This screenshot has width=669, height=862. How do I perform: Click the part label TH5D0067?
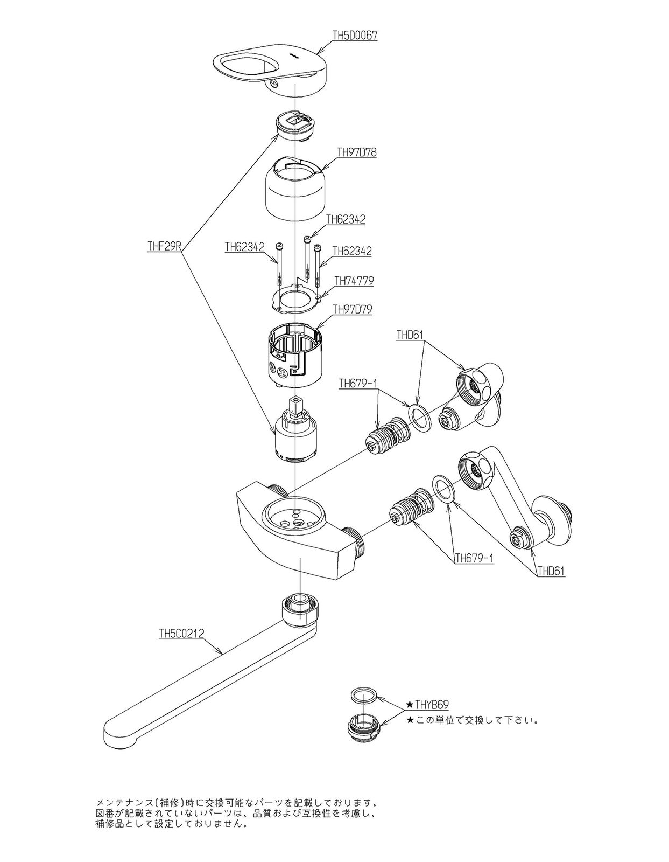[x=355, y=36]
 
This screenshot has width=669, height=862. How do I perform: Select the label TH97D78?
[x=356, y=152]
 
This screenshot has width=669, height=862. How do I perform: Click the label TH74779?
[x=354, y=281]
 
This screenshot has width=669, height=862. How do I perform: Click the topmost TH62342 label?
[x=346, y=219]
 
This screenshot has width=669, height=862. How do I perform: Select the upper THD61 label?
[x=410, y=335]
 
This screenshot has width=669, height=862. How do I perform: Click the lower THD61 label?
[x=551, y=571]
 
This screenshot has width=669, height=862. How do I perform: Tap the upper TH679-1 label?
[x=358, y=383]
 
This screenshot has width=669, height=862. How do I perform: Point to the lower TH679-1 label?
[x=474, y=558]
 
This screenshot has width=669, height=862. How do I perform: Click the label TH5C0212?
[x=181, y=634]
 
